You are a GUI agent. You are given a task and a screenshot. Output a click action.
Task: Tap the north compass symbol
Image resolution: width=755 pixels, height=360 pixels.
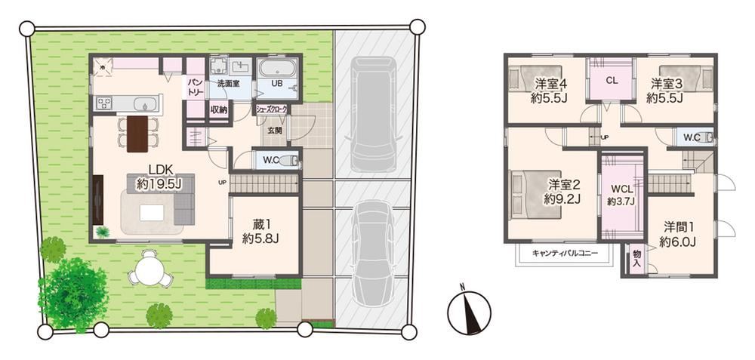tap(469, 309)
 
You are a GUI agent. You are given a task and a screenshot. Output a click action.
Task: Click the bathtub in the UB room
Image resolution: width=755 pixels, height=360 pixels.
tap(279, 69)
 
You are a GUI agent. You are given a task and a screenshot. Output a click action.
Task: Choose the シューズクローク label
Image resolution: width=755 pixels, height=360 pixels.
tap(272, 109)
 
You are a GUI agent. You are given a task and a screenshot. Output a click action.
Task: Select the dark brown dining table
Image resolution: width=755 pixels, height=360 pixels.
tap(137, 134)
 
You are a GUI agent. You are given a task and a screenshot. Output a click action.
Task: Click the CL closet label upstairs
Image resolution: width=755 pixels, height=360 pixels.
tap(612, 81)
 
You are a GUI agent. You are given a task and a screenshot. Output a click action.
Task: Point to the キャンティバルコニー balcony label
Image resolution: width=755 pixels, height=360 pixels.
tap(565, 253)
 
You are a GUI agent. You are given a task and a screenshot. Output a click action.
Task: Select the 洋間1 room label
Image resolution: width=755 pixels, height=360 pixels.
tap(677, 234)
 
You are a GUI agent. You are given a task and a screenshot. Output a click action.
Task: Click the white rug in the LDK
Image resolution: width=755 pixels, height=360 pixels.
tap(153, 212)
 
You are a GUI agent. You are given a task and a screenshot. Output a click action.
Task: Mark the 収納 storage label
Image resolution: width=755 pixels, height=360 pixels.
tap(219, 109)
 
